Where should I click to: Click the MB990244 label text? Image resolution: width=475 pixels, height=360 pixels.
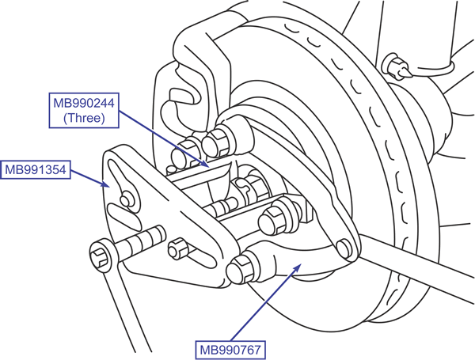(x=83, y=103)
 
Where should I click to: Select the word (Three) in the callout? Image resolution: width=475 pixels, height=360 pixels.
(x=83, y=118)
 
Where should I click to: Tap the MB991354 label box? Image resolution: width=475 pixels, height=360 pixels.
(x=36, y=169)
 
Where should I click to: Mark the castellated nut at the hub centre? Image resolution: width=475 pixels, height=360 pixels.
(x=251, y=188)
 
